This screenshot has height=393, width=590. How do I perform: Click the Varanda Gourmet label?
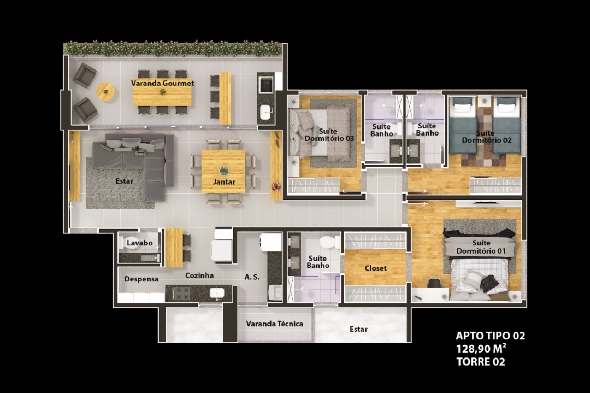coord(163,83)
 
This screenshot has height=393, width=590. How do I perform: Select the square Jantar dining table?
coord(223,171)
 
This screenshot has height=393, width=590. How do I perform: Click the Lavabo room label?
coord(140,243)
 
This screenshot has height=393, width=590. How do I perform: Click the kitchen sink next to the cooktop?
coord(217,293)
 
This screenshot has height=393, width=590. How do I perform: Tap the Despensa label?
coord(141,279)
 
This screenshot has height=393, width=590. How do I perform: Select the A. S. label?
coord(252,277)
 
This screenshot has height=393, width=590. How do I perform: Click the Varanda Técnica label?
coord(275,324)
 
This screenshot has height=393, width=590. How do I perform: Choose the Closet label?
coord(376,268)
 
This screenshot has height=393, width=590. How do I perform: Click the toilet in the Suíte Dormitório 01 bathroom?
coord(330,241)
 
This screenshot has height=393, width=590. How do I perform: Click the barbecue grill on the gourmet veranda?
coord(267,84)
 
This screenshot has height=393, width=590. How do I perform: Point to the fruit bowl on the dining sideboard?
coord(276,186)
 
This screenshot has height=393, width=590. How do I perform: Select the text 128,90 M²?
coord(481,349)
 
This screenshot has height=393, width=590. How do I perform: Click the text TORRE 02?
coord(481,362)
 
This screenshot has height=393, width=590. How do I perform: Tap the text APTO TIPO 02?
coord(490,336)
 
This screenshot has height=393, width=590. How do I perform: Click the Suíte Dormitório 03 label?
coord(329,135)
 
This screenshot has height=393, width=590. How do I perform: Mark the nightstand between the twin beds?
coord(485,101)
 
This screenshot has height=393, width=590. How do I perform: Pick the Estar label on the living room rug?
coord(124,181)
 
